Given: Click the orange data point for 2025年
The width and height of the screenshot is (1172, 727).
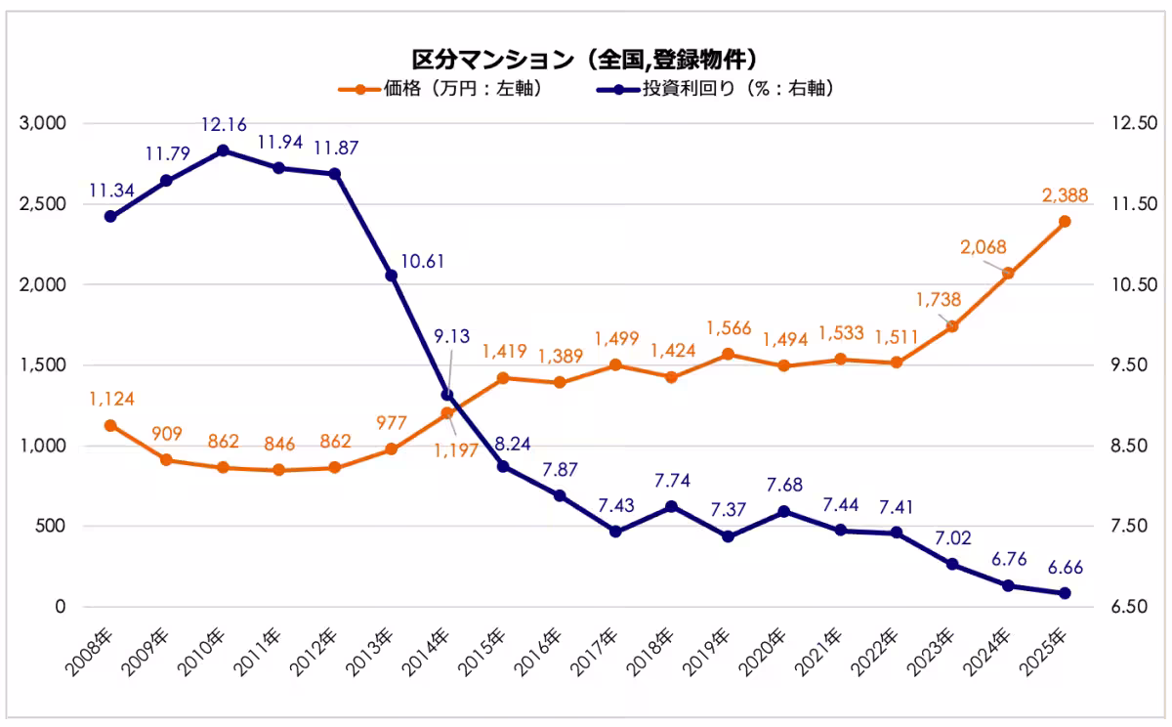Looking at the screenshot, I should [x=1065, y=222].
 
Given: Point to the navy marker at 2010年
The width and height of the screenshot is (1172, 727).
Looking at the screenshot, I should [x=223, y=150].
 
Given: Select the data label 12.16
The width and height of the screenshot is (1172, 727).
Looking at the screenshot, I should [x=224, y=125].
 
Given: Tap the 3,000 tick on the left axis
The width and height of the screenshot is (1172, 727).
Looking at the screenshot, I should [x=43, y=124].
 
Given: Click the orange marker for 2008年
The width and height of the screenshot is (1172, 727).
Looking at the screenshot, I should [x=110, y=425].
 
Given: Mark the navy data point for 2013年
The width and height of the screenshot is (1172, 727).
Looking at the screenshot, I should [x=391, y=276].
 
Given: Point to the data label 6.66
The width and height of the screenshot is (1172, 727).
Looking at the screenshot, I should [x=1065, y=568].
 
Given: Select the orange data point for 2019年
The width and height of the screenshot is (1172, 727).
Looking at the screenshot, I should [x=728, y=355].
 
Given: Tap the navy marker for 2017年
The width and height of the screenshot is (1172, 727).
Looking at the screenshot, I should [x=615, y=532].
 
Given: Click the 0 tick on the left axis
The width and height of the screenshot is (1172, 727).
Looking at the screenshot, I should [x=60, y=607].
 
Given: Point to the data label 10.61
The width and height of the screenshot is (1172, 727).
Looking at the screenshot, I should [x=426, y=261].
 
